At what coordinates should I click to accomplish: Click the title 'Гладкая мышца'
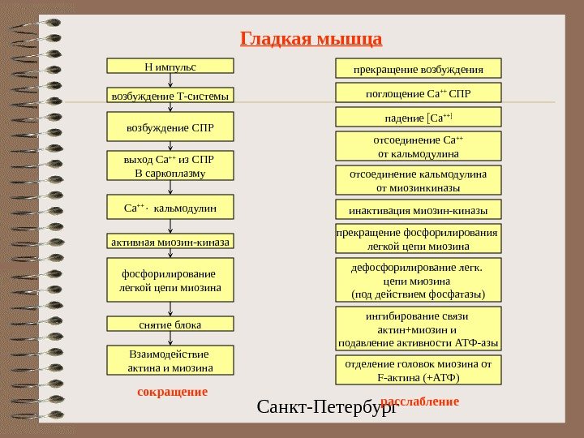click(x=311, y=39)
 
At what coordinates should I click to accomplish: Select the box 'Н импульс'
click(x=170, y=66)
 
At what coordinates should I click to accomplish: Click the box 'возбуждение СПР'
click(x=170, y=127)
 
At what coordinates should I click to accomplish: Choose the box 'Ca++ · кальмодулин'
click(x=170, y=208)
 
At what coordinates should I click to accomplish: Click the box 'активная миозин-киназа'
click(x=170, y=242)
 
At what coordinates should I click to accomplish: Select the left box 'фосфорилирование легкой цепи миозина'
click(x=170, y=280)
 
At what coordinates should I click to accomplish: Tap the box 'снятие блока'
click(x=170, y=324)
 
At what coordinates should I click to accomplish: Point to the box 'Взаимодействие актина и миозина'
click(x=170, y=361)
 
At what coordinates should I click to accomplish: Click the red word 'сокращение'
click(x=172, y=392)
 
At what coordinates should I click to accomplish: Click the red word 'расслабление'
click(x=419, y=401)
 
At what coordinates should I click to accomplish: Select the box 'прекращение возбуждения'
click(x=419, y=68)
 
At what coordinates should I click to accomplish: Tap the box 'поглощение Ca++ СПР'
click(x=419, y=93)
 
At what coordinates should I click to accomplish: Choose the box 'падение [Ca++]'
click(x=419, y=118)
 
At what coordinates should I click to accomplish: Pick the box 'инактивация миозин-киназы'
click(x=419, y=210)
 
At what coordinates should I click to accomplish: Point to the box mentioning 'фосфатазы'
click(x=419, y=279)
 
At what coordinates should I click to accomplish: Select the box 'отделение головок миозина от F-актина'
click(x=419, y=371)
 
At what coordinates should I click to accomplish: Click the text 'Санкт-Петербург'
click(x=325, y=405)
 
